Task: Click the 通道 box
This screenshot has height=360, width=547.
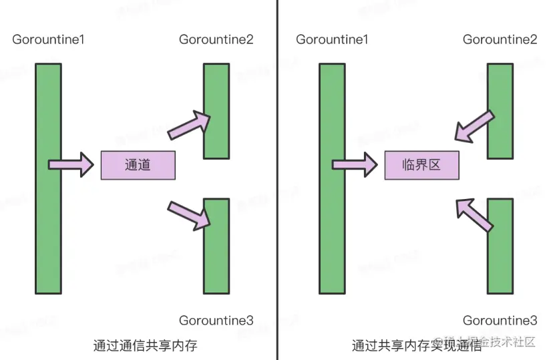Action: tap(138, 165)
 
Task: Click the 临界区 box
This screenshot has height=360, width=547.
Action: tap(421, 165)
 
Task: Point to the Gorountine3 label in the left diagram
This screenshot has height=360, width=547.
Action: tap(216, 321)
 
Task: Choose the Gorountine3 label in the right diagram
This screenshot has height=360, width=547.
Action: tap(500, 321)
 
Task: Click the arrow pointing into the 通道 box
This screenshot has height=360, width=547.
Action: tap(71, 164)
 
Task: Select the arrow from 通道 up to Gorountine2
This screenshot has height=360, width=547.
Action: tap(189, 126)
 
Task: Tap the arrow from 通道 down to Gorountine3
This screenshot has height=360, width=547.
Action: tap(189, 213)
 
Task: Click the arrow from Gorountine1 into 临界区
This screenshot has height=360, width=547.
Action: tap(355, 164)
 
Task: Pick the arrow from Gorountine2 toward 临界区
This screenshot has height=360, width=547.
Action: tap(475, 127)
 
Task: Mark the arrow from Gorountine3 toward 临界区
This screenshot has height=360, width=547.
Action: tap(475, 213)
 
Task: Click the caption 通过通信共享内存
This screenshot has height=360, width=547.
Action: tap(146, 345)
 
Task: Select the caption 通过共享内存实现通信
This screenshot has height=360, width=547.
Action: tap(417, 345)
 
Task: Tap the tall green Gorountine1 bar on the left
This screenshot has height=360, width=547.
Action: tap(48, 178)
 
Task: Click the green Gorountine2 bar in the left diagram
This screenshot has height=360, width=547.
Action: tap(216, 110)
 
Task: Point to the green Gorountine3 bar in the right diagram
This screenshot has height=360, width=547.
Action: tap(500, 246)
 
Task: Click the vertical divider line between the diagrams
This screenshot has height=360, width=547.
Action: tap(277, 180)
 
